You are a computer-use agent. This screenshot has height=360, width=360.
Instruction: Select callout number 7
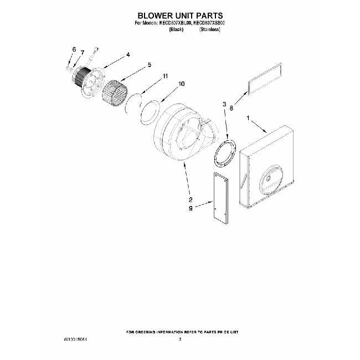(x=82, y=53)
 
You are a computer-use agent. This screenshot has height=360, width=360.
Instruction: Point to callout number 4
(x=128, y=54)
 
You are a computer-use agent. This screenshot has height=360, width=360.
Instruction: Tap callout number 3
(x=224, y=104)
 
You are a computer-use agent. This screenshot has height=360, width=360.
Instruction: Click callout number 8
(x=231, y=110)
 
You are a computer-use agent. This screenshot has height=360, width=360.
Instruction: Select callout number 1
(x=248, y=117)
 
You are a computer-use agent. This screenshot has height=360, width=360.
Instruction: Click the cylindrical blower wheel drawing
(x=116, y=91)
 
